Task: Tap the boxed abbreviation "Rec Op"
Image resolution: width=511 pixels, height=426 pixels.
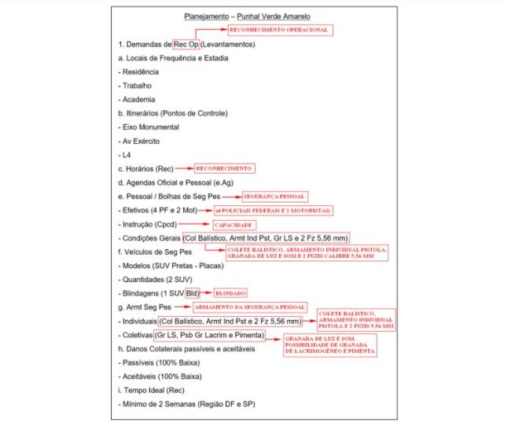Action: [x=186, y=44]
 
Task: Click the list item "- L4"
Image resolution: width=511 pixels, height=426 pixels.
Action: [x=124, y=154]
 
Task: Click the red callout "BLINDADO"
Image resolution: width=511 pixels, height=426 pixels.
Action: [x=231, y=291]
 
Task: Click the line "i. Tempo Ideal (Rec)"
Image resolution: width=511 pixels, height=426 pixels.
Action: [x=152, y=391]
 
